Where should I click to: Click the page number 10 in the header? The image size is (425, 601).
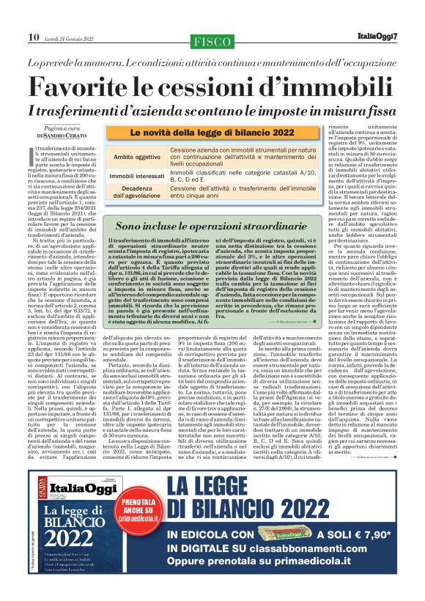[34, 37]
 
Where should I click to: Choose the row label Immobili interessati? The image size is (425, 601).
[137, 176]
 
